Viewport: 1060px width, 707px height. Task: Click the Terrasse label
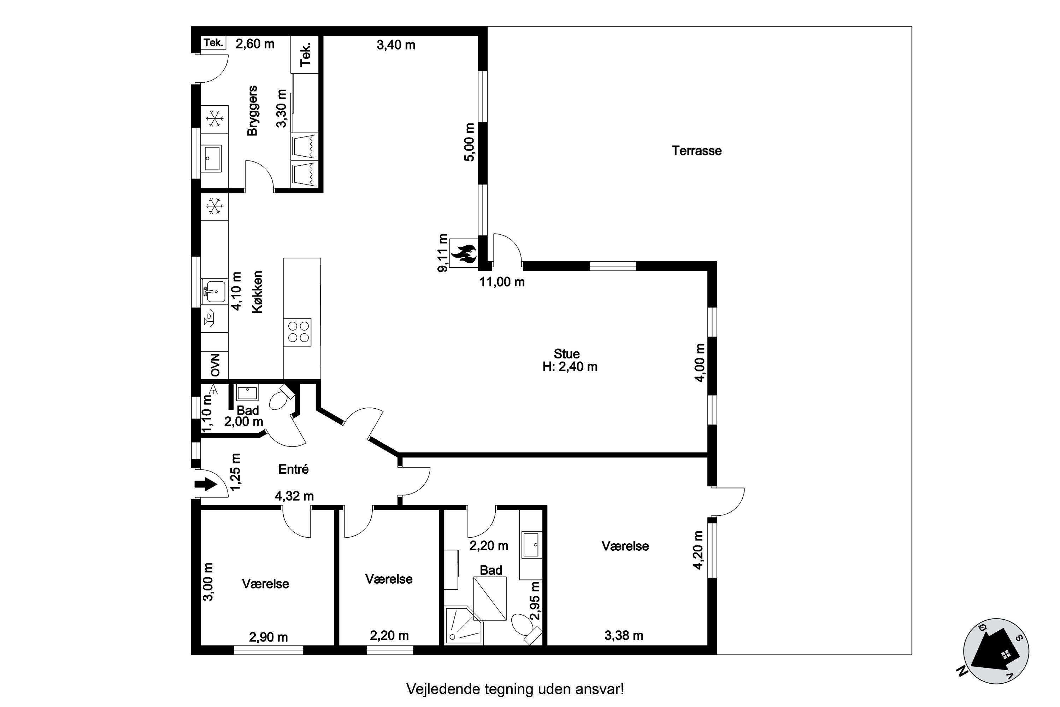coord(696,151)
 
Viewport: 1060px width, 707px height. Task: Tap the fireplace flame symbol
coord(463,253)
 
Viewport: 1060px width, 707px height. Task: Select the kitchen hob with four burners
coord(298,332)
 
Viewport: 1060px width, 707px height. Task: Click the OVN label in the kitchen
coord(215,365)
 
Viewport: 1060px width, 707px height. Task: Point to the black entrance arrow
coord(206,485)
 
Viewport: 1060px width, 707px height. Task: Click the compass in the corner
coord(996,651)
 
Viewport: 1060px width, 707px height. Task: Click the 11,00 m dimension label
coord(502,282)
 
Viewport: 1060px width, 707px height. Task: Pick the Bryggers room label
coord(252,111)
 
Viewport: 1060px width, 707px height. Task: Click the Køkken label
coord(257,292)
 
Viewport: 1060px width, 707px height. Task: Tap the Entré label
coord(293,469)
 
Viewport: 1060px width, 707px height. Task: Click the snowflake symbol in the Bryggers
coord(214,119)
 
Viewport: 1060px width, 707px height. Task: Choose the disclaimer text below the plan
coord(515,689)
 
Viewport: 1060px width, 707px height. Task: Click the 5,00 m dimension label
coord(469,142)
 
